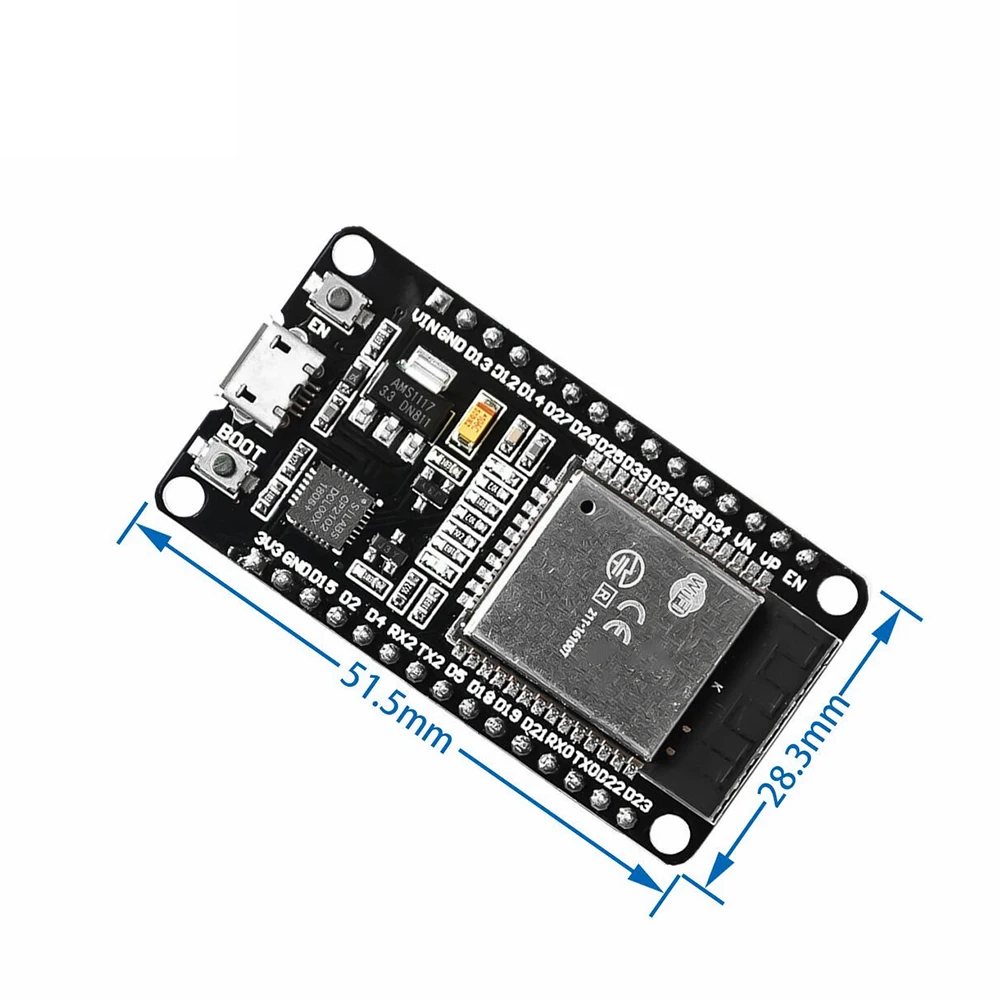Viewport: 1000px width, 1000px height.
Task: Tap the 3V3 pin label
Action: coord(269,544)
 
